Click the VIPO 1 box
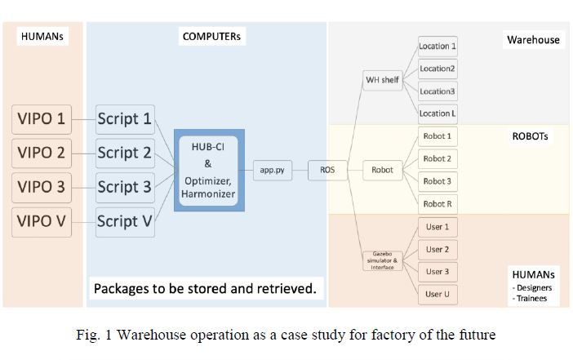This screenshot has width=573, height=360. [42, 119]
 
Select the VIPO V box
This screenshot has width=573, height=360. [42, 222]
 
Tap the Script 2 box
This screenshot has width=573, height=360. [125, 153]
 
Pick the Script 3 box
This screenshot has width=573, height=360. [125, 188]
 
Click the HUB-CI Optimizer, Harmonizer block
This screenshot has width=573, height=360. [209, 171]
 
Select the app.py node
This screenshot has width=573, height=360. [273, 170]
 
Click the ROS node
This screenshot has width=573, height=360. [327, 170]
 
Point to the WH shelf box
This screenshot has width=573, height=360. [383, 80]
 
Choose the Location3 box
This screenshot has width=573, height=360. [438, 91]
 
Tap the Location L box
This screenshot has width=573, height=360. [438, 113]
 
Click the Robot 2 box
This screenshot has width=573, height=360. [438, 158]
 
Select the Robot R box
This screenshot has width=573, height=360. [438, 204]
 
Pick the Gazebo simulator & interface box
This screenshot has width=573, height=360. [383, 260]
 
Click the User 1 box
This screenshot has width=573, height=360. [438, 227]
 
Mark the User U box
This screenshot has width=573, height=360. [438, 294]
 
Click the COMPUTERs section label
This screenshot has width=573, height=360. [211, 37]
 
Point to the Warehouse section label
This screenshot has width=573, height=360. [533, 39]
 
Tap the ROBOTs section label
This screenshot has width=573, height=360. [530, 136]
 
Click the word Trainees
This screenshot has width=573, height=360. [532, 299]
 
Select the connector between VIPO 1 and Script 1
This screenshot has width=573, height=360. [84, 119]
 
